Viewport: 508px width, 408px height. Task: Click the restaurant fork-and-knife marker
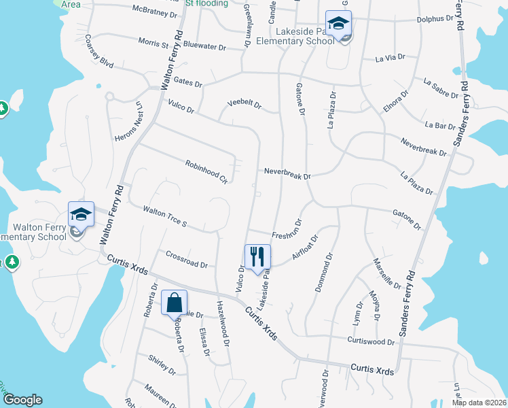[257, 257]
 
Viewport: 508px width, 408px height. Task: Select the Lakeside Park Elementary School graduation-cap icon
[337, 24]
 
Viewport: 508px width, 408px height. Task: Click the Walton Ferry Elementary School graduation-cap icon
[81, 214]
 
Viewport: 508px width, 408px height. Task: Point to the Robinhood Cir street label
[206, 171]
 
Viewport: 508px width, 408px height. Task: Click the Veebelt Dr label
[244, 103]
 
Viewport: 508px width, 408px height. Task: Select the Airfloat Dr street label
[305, 247]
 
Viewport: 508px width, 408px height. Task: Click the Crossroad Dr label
[186, 259]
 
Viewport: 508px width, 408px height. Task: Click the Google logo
[22, 400]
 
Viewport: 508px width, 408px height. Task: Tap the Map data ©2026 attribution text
[479, 403]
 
